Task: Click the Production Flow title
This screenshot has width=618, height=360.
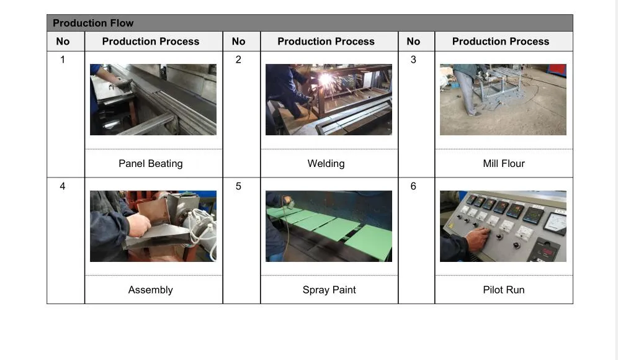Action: [x=93, y=23]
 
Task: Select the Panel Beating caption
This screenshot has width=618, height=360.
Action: [x=151, y=164]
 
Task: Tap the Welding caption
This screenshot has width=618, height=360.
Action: [x=326, y=164]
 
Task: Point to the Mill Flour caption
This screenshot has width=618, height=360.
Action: [x=504, y=164]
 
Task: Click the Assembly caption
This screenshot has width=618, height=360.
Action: [x=151, y=290]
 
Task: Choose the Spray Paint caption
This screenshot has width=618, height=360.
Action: [x=329, y=290]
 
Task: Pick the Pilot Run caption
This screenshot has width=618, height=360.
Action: [x=504, y=290]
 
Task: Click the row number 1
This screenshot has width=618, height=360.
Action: [x=62, y=60]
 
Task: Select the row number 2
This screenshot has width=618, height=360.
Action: [x=238, y=60]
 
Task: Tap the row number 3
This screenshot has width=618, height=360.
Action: [x=413, y=60]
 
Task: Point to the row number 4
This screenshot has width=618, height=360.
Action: [x=62, y=186]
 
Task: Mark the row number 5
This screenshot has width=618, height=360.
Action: [x=238, y=186]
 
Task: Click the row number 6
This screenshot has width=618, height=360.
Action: [x=413, y=186]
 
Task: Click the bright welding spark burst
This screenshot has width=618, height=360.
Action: [x=326, y=79]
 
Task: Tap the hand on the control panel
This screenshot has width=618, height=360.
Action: [x=477, y=238]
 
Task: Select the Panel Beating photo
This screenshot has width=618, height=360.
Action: [x=153, y=100]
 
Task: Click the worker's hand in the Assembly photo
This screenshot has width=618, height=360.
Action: [x=138, y=225]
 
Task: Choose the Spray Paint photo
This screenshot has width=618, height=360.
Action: [x=329, y=227]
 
